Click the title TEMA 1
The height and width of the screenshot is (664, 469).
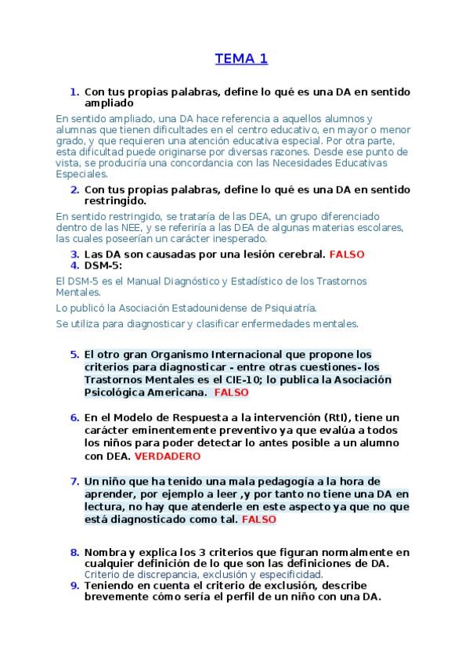coord(241,58)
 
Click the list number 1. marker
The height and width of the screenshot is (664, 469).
coord(74,92)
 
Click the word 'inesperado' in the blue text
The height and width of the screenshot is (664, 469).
coord(239,238)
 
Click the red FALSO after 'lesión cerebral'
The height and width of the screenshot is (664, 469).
coord(347,254)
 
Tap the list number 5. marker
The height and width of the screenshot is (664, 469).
coord(74,354)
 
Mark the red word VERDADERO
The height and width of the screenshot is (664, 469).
coord(168,455)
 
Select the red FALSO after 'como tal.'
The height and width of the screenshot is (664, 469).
coord(258,518)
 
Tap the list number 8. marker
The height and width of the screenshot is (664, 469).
coord(74,552)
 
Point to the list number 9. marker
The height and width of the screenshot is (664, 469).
coord(74,585)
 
